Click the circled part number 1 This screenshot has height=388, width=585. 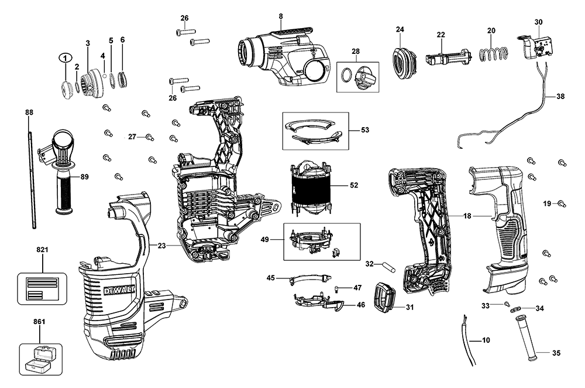[x=65, y=58]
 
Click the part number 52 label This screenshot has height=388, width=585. [x=354, y=185]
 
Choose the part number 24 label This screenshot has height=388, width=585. [x=400, y=29]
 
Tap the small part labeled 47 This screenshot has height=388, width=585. [x=338, y=288]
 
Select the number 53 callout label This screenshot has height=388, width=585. [x=365, y=130]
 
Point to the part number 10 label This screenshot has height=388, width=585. [x=486, y=340]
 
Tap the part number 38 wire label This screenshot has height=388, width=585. [x=560, y=97]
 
